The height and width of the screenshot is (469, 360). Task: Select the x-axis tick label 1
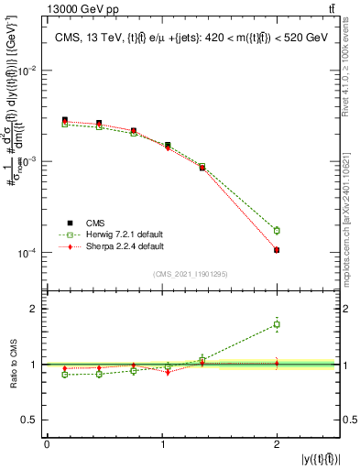click(x=162, y=444)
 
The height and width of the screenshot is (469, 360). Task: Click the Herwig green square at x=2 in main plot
click(x=277, y=231)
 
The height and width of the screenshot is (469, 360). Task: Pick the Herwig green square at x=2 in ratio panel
click(x=277, y=324)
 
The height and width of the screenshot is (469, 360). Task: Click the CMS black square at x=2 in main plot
click(x=277, y=250)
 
